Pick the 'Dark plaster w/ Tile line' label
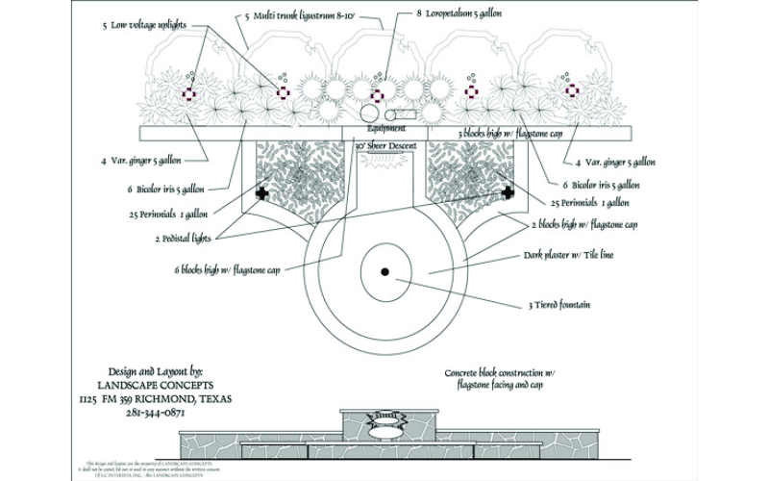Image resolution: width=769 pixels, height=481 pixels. (x=568, y=256)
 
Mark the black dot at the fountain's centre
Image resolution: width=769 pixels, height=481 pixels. (x=384, y=272)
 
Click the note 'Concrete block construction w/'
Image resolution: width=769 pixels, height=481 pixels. (x=500, y=372)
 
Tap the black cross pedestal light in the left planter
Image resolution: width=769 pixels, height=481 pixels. (x=260, y=193)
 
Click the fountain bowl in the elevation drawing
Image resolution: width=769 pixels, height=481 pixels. (x=385, y=419)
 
